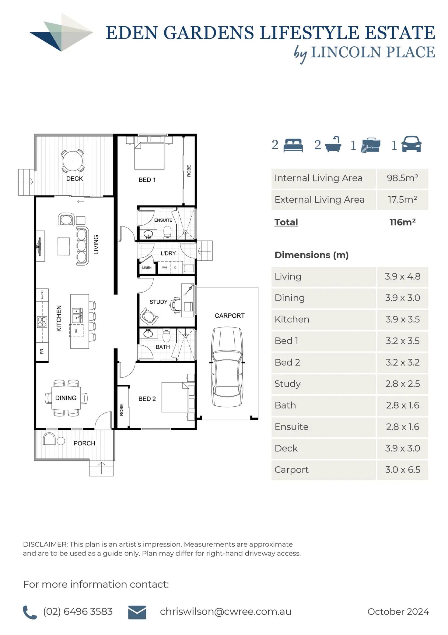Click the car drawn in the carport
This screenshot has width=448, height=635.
point(227,367)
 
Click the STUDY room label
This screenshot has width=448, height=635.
point(158,302)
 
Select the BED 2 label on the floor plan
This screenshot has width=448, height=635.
point(147,399)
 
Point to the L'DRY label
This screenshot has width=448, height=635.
point(168,253)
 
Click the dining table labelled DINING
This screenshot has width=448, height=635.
point(66,398)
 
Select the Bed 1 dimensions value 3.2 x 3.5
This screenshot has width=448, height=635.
point(402,341)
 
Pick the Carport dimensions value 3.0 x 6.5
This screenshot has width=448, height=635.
point(402,470)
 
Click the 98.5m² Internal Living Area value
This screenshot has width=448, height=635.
point(402,178)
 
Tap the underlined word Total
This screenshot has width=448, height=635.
point(286,222)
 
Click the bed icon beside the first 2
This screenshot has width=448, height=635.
point(293,145)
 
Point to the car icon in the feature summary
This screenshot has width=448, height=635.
point(411,144)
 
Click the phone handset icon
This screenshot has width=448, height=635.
point(30,612)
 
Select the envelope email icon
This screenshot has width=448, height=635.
point(137,612)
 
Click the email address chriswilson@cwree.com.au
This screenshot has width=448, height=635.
point(226,612)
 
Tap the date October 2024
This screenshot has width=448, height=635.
point(398,612)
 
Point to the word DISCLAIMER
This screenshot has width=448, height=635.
point(45,544)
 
